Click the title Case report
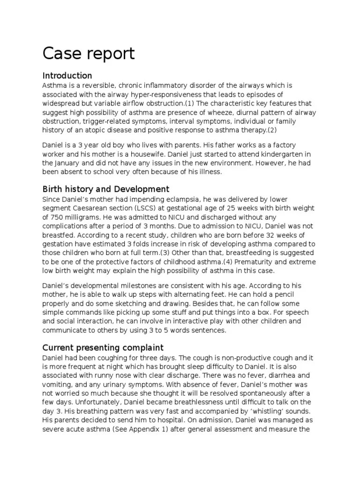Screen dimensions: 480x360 tap(89, 54)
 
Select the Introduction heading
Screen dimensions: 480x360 tap(67, 75)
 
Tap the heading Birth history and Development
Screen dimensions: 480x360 tap(106, 189)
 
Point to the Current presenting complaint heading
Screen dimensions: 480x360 tap(103, 347)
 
